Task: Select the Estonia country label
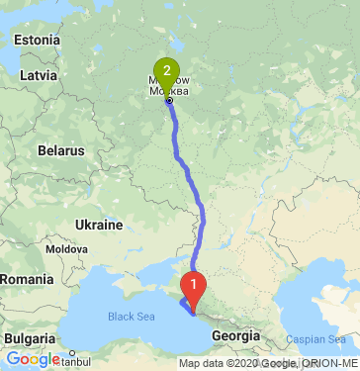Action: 37,41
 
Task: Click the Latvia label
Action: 39,74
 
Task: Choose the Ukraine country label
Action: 99,225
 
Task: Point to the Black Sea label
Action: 132,317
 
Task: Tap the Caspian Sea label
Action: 312,338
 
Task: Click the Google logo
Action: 32,359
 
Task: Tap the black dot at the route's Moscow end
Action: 169,100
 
